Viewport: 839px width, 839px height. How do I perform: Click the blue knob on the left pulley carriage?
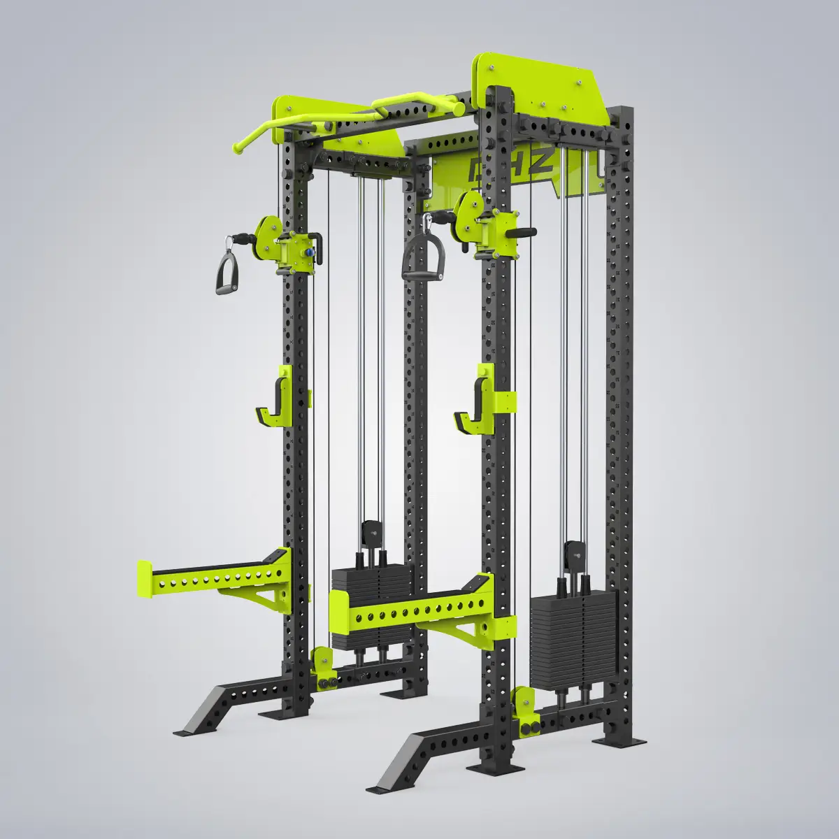coord(306,248)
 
